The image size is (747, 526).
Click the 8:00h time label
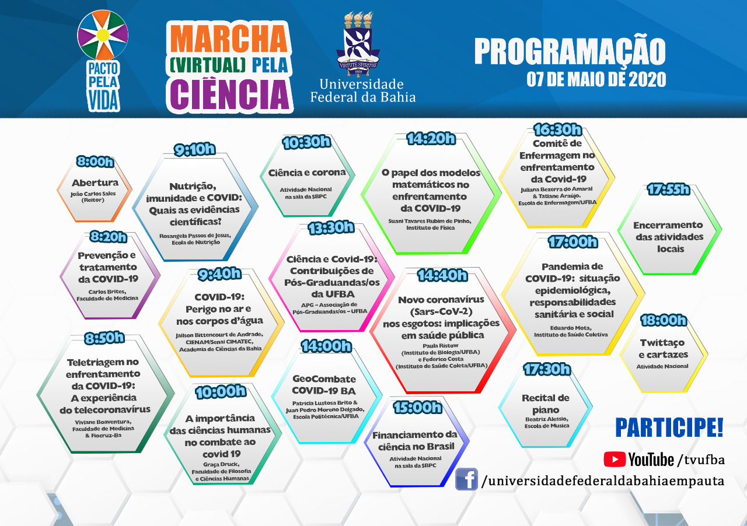pyautogui.click(x=95, y=162)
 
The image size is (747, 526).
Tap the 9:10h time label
pyautogui.click(x=195, y=149)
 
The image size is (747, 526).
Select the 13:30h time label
pyautogui.click(x=331, y=228)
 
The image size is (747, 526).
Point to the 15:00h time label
pyautogui.click(x=417, y=407)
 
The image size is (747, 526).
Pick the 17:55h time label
pyautogui.click(x=668, y=190)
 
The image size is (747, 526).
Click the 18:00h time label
pyautogui.click(x=663, y=320)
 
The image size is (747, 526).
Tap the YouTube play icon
pyautogui.click(x=615, y=460)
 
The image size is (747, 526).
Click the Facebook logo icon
pyautogui.click(x=466, y=479)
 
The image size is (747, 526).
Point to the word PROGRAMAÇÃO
pyautogui.click(x=570, y=51)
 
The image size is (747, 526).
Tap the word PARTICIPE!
pyautogui.click(x=669, y=427)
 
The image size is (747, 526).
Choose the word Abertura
pyautogui.click(x=95, y=183)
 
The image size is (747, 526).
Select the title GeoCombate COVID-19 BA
pyautogui.click(x=324, y=384)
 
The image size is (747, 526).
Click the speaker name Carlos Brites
pyautogui.click(x=107, y=291)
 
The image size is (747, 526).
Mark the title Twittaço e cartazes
pyautogui.click(x=663, y=349)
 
